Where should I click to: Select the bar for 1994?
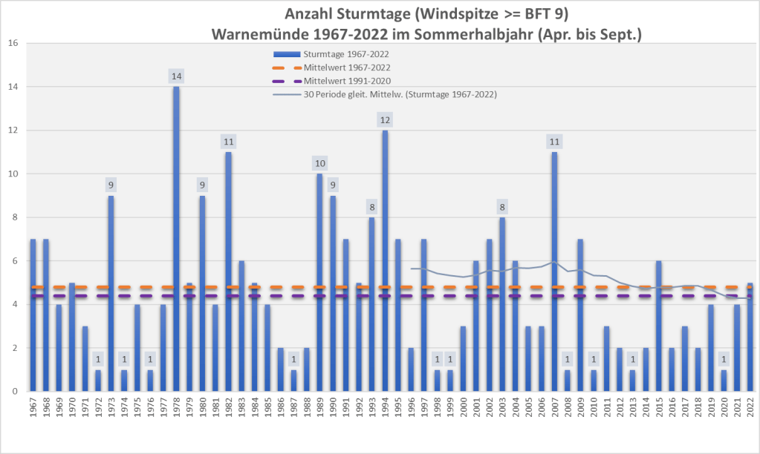(385, 260)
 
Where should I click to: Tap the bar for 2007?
(554, 272)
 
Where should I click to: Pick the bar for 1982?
(228, 272)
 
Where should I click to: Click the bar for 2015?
(658, 326)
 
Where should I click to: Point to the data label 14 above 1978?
(176, 76)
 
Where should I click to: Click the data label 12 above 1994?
(385, 120)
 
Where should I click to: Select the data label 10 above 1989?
(319, 164)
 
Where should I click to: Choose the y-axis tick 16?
(13, 43)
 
